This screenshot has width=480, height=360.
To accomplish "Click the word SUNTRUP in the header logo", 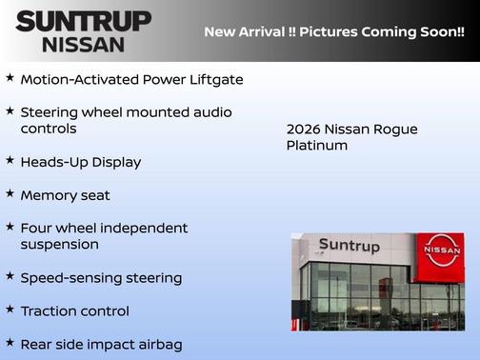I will click(83, 21).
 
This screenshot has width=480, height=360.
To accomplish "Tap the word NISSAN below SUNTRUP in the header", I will click(83, 44).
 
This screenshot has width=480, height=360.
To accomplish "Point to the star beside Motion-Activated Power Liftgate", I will click(10, 78).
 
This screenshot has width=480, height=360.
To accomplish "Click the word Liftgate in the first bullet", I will click(214, 79).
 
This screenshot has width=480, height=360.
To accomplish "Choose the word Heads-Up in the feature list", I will click(51, 162).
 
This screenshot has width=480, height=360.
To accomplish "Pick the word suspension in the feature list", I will click(59, 245).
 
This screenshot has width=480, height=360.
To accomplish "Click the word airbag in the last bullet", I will click(156, 345).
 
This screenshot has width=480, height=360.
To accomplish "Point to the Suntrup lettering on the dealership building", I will click(349, 246).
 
